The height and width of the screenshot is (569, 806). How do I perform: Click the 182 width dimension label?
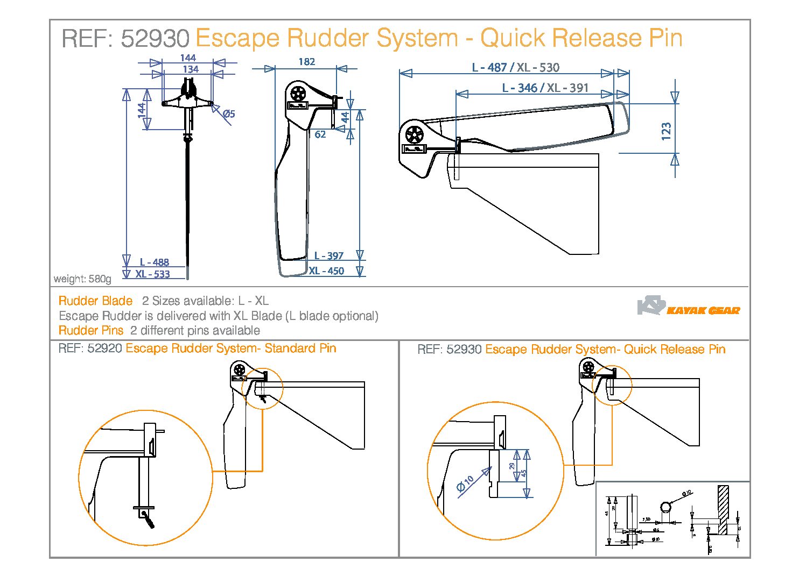pos(306,62)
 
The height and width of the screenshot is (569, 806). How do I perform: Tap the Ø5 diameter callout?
pos(229,113)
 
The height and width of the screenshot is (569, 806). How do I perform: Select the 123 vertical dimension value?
pos(667,131)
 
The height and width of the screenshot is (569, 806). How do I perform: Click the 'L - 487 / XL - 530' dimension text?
pos(515,67)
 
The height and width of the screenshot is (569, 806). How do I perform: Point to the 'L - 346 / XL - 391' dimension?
pos(545,88)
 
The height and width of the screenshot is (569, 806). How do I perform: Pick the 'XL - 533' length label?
pos(152,274)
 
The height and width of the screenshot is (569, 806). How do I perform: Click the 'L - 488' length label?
pos(154,262)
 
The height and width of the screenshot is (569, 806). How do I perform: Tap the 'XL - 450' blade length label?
pos(326,271)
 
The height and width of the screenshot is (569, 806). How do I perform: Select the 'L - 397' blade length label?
pos(328,256)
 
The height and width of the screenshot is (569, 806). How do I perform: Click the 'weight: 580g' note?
pos(82,279)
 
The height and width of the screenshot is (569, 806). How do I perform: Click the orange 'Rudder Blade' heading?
pos(95,301)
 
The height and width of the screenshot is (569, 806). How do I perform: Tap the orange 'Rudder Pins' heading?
pos(91,330)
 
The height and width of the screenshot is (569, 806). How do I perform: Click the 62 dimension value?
pos(320,134)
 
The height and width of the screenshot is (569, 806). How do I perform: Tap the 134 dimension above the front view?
pos(191,69)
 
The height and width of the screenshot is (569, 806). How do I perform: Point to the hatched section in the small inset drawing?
pos(723,509)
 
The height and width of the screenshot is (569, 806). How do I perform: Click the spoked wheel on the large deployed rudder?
pos(414,133)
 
